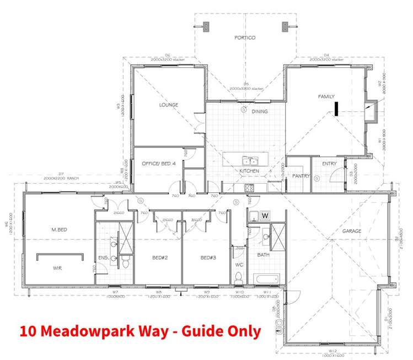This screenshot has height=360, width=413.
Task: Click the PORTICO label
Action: pos(245,37)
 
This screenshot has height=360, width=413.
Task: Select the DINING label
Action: pos(259,111)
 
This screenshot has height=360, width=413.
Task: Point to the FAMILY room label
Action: pos(326,96)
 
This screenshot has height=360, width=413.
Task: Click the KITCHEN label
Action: pos(249,171)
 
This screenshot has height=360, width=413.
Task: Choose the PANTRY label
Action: pos(301,176)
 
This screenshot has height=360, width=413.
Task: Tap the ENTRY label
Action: pos(329,164)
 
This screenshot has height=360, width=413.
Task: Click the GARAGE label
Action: pos(352,231)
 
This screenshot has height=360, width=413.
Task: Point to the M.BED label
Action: pos(58,229)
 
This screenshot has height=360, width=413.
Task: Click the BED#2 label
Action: pos(159,257)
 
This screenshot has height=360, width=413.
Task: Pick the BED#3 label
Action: pos(207,257)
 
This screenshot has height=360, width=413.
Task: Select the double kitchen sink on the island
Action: pos(250,161)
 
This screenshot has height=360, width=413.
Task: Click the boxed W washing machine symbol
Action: pos(265,215)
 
